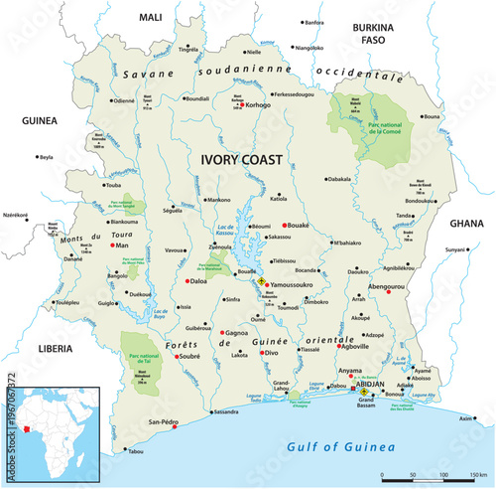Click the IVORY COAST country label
coord(241,158)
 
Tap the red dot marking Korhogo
coord(240,103)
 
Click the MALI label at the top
coord(150,18)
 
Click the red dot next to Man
coord(111,244)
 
